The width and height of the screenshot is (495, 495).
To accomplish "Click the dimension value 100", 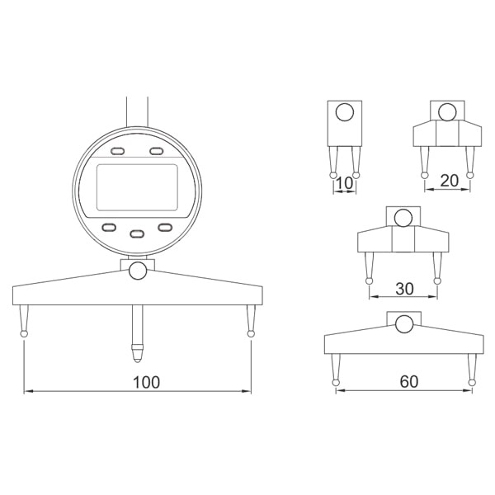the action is click(146, 382).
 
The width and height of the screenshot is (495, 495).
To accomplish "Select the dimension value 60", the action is click(409, 382).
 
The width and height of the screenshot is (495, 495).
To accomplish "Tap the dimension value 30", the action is click(404, 289).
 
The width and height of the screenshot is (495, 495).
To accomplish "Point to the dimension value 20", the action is click(449, 181).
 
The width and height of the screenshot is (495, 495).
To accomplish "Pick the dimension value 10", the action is click(344, 183).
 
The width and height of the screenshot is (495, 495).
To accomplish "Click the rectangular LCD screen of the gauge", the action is click(137, 187).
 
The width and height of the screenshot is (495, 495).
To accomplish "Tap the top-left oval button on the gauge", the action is click(117, 151).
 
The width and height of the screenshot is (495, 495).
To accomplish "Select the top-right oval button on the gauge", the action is click(156, 151).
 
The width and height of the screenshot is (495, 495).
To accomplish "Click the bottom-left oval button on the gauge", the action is click(109, 228).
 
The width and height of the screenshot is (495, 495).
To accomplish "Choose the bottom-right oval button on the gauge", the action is click(165, 228).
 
